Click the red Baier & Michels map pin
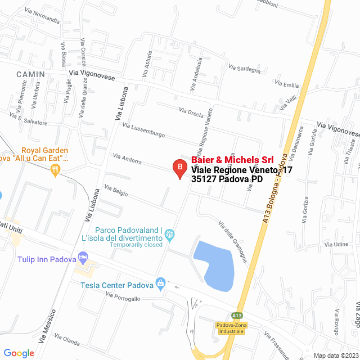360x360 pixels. coord(179,168)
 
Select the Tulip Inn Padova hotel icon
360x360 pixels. coord(83,258)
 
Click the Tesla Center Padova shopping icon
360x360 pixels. coord(161,282)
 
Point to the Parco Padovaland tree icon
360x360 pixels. coord(170,234)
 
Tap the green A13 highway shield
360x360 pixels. coord(237,316)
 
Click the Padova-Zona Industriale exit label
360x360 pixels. coord(230,328)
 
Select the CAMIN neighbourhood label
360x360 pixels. coord(30,74)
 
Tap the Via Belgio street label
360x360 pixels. coord(116,191)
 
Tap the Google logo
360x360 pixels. coord(19,353)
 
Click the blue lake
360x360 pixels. coord(217,264)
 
